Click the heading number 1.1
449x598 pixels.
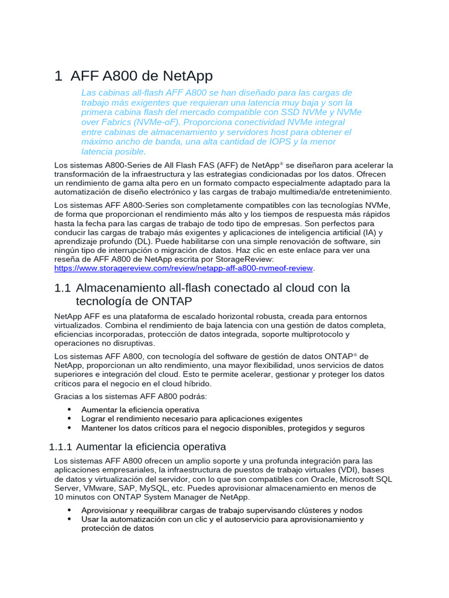pyautogui.click(x=62, y=288)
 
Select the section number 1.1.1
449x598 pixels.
pyautogui.click(x=60, y=447)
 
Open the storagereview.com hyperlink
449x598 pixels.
pyautogui.click(x=184, y=268)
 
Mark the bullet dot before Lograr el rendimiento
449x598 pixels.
pyautogui.click(x=70, y=419)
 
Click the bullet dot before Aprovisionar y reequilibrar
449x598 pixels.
pyautogui.click(x=70, y=510)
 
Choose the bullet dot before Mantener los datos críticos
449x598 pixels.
pyautogui.click(x=70, y=428)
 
